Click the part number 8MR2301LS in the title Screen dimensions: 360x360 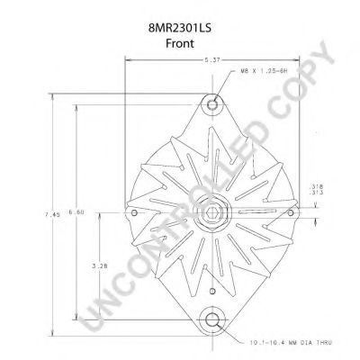pos(180,28)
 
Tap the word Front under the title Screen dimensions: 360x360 pos(180,43)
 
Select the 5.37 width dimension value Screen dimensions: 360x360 pos(212,60)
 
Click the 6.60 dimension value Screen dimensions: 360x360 pos(76,212)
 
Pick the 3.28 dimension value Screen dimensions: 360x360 pos(100,266)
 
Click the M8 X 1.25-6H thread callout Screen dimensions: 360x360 pos(264,71)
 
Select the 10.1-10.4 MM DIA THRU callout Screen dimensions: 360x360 pos(291,342)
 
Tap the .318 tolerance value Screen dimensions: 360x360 pos(311,187)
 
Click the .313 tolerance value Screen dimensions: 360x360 pos(311,193)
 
